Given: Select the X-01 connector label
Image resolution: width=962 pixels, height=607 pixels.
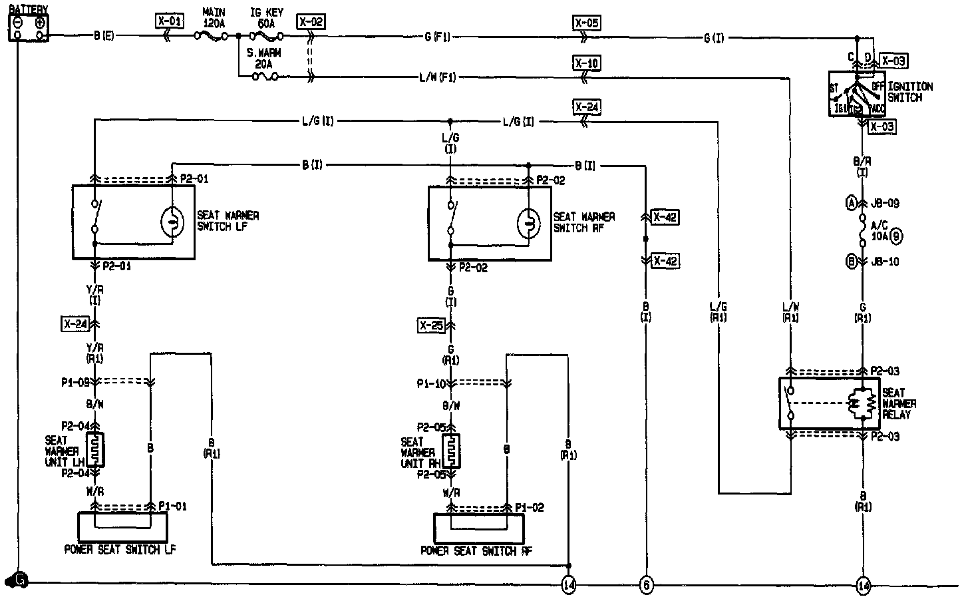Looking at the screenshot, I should tap(169, 21).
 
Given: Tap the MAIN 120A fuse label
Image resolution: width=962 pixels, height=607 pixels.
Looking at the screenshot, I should tap(213, 17).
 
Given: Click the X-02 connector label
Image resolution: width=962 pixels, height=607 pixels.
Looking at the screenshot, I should tap(310, 21).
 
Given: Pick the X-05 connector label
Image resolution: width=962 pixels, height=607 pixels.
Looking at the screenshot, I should tap(586, 23).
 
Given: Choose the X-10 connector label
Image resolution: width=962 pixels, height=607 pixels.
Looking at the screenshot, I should tap(586, 63).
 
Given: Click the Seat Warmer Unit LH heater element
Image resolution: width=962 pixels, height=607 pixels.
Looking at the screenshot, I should tap(96, 450).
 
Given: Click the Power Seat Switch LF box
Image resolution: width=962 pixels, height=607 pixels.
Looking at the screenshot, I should tap(122, 526).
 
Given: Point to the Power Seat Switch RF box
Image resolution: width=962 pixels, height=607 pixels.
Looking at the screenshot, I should tap(478, 528).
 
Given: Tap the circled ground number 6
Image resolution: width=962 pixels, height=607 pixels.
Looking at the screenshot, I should tap(646, 585).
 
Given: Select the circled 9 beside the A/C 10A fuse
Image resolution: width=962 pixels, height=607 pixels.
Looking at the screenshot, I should tap(896, 235).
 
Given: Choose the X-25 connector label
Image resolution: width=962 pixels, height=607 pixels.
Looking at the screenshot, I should tap(431, 325).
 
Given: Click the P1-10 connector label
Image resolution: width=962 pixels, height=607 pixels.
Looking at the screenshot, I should tap(430, 383).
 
